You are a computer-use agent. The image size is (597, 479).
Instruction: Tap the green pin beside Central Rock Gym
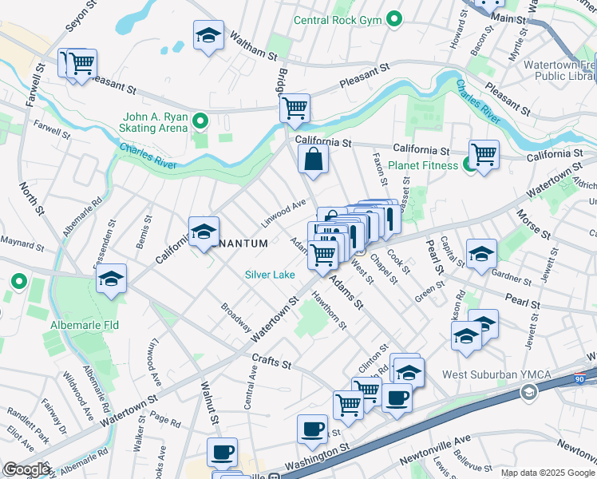click(x=393, y=19)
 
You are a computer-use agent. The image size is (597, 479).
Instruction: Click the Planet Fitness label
click(x=423, y=166)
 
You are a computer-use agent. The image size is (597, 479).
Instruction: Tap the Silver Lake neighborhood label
click(x=270, y=275)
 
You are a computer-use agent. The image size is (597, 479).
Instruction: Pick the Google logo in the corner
click(x=26, y=469)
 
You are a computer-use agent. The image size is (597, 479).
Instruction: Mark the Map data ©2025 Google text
click(x=548, y=473)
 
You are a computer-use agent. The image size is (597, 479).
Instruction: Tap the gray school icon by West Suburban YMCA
click(x=528, y=392)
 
